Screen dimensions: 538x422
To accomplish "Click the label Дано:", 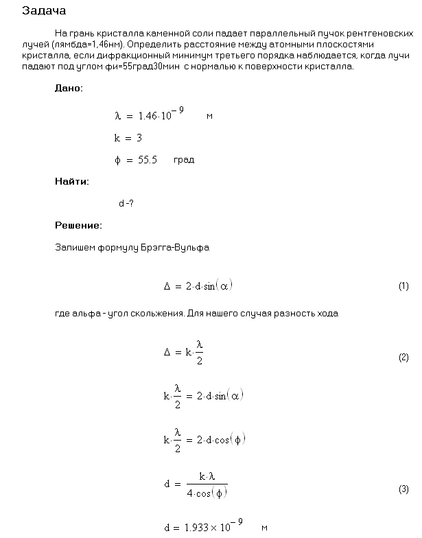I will (69, 89).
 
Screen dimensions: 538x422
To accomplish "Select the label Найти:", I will (71, 182).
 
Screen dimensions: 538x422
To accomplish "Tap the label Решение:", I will (78, 225).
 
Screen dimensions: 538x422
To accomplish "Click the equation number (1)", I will (403, 287).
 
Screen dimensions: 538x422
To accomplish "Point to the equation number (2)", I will (403, 358).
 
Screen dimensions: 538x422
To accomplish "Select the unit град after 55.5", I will (184, 160).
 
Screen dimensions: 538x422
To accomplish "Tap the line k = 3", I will (128, 138).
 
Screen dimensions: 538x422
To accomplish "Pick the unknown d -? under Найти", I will (126, 204).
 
